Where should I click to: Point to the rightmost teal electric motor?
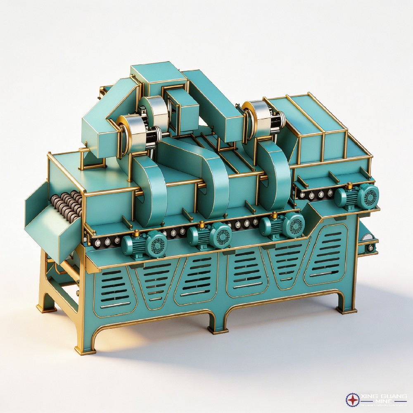click(x=357, y=196)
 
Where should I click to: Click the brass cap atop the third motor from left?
click(x=274, y=214)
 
